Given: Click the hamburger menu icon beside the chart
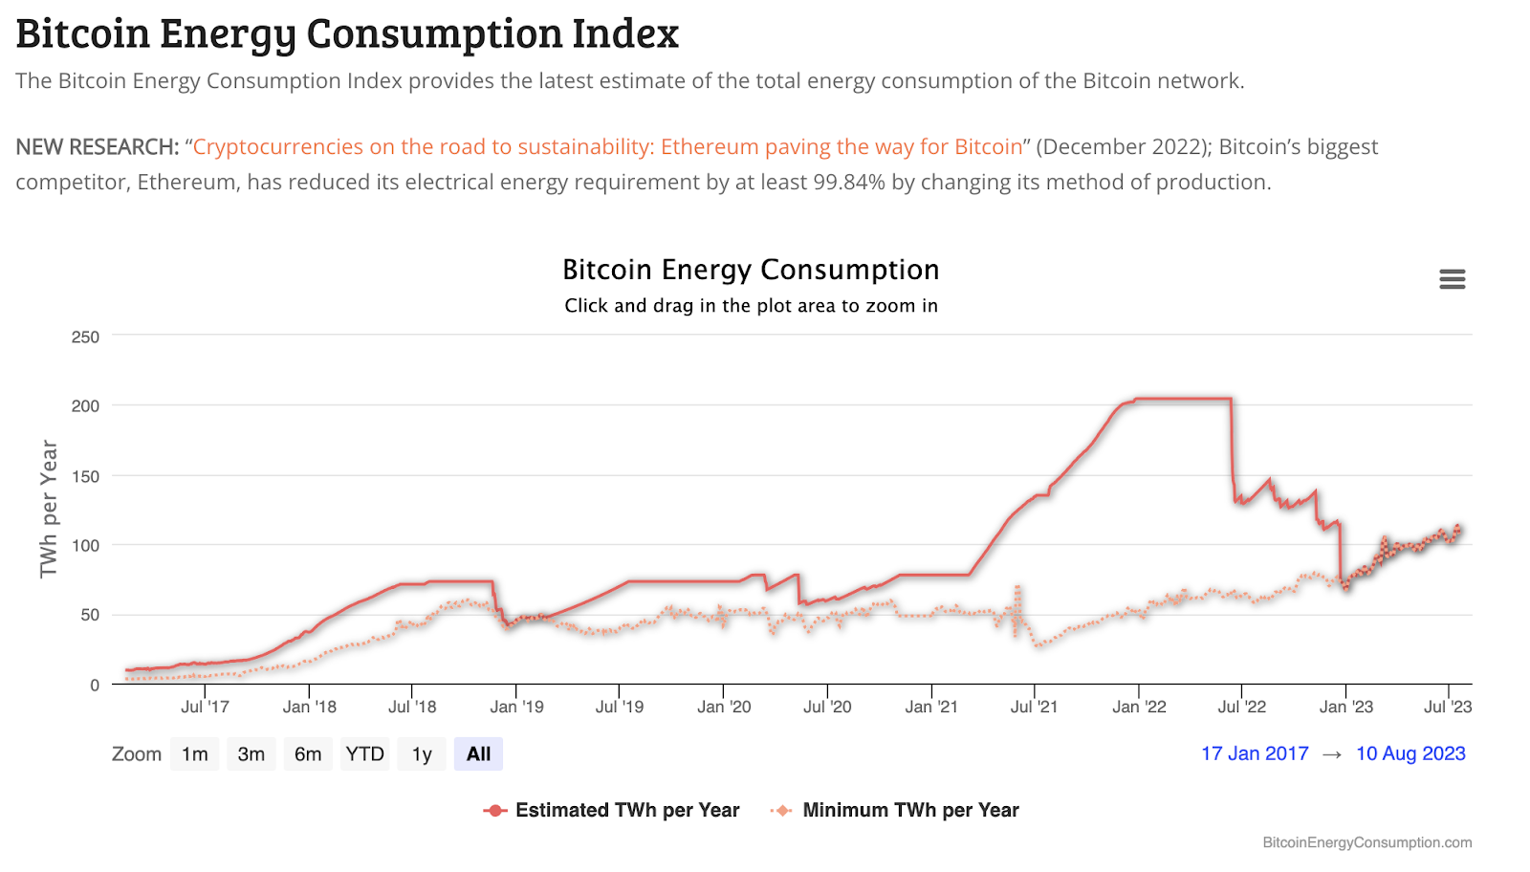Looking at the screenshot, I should [x=1452, y=279].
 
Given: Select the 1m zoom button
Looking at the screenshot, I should [x=195, y=754].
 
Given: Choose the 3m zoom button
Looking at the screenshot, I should [x=251, y=754].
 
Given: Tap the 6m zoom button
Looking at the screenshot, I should [x=308, y=754].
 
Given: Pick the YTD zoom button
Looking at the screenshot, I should [x=364, y=754].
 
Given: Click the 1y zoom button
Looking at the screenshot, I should [x=422, y=754].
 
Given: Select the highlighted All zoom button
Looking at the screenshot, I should [x=478, y=754].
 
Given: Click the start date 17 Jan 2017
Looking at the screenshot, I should [x=1255, y=753].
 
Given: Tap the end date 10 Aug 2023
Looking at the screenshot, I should [x=1410, y=753].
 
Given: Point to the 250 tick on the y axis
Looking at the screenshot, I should [x=85, y=337].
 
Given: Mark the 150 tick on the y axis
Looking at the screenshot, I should [x=85, y=476].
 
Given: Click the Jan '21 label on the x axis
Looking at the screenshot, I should [x=931, y=707].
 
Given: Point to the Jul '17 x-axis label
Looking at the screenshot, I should [x=205, y=707].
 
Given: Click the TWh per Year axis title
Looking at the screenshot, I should [x=49, y=509].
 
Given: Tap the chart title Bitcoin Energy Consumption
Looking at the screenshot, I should [x=751, y=270].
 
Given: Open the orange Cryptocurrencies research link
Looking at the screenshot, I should [x=608, y=147].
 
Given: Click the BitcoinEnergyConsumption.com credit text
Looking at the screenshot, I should [x=1366, y=842].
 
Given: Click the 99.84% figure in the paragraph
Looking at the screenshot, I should [x=849, y=183].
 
